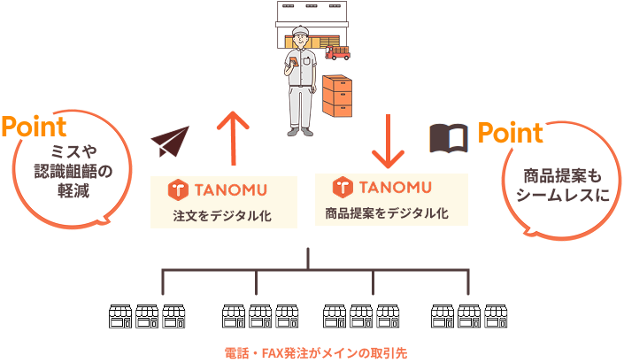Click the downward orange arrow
(x=387, y=140)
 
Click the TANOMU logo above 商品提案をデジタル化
(x=381, y=187)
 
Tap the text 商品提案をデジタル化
(x=387, y=212)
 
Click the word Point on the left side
(x=34, y=126)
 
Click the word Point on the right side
(x=510, y=134)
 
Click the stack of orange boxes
(x=339, y=96)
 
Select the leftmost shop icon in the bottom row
(x=119, y=316)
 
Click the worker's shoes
(x=304, y=131)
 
